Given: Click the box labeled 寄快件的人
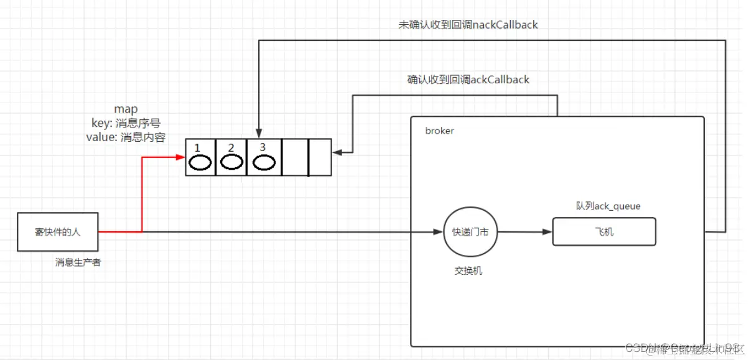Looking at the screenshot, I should click(57, 232).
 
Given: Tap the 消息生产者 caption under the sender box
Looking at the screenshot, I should click(78, 262).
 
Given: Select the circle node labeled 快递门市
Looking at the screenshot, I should click(470, 232).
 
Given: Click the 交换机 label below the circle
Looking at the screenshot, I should click(468, 271).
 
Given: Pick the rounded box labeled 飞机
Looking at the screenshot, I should click(604, 231).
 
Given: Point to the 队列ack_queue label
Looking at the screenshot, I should click(599, 206).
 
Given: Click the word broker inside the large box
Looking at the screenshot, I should click(440, 131).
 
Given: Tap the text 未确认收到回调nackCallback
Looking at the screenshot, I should click(468, 25).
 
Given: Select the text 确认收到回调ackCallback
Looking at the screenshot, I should click(468, 80).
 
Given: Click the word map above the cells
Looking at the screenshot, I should click(126, 109).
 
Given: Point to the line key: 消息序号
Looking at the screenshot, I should click(126, 123).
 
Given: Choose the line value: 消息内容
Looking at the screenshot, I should click(126, 137).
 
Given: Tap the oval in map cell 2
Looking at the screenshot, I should click(231, 162).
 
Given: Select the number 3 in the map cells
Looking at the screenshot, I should click(263, 147).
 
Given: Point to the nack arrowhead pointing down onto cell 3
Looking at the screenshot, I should click(259, 133).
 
